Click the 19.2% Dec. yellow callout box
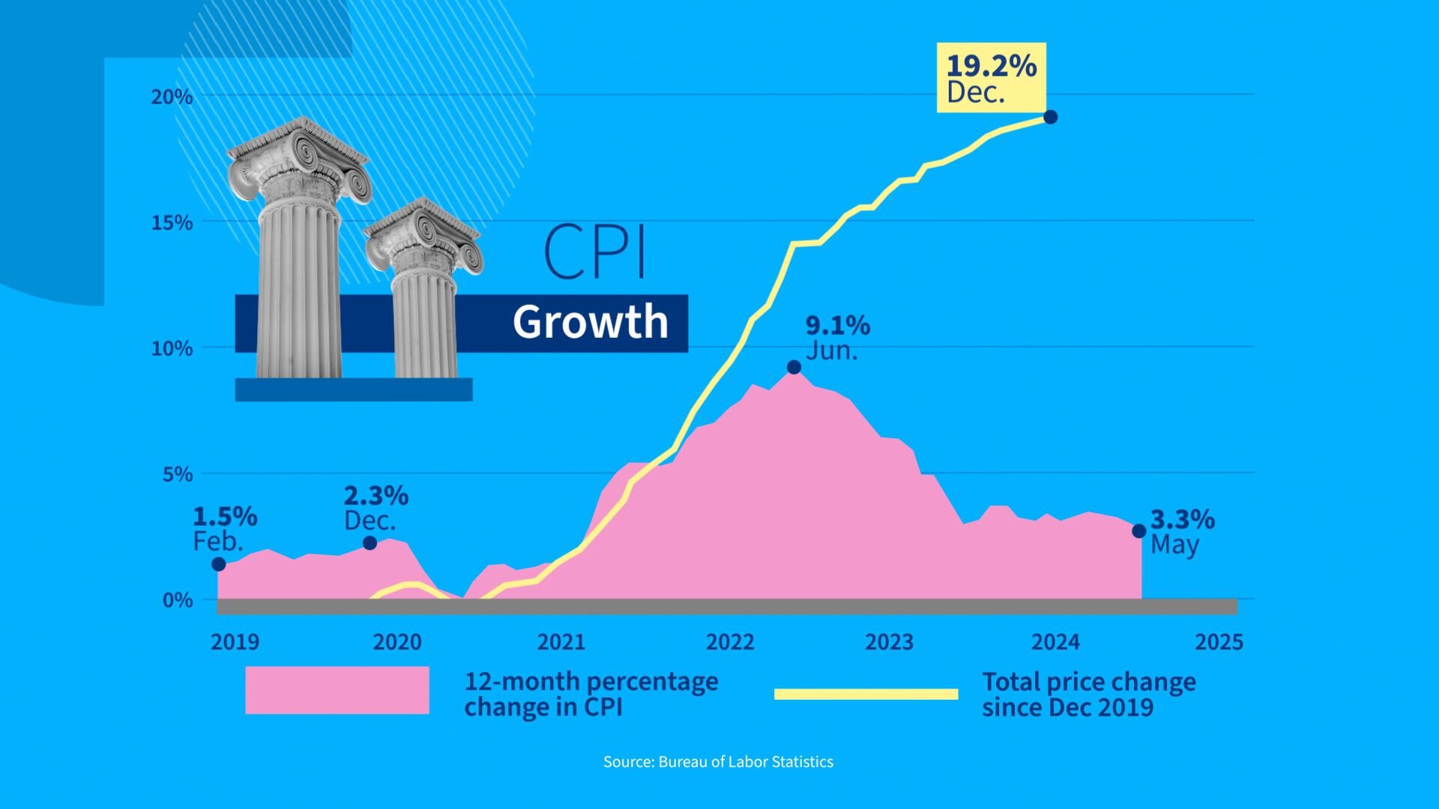[x=991, y=78]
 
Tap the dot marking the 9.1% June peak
[x=794, y=367]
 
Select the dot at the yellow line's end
[x=1050, y=117]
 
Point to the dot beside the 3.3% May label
[x=1138, y=530]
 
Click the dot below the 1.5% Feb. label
[x=218, y=564]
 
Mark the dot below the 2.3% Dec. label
[x=369, y=542]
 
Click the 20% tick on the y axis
[x=172, y=97]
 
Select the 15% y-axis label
[x=172, y=222]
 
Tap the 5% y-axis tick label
[x=177, y=474]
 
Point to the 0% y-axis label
[x=177, y=600]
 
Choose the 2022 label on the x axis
[x=729, y=642]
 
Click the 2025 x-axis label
[x=1219, y=642]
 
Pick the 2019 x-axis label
[x=235, y=642]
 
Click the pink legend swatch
[x=337, y=690]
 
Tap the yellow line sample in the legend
[x=866, y=694]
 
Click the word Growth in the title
[x=590, y=322]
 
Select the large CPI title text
[x=594, y=252]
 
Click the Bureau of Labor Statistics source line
[x=718, y=762]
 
